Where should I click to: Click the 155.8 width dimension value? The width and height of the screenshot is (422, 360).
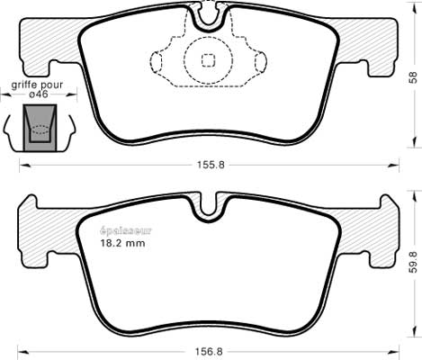pos(211,165)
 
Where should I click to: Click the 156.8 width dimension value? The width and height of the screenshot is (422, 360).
pos(209,352)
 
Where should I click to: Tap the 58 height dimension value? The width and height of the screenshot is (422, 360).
pos(413,77)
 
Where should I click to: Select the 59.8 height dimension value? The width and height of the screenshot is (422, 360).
pos(413,262)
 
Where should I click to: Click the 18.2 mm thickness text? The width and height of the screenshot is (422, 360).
pos(122,243)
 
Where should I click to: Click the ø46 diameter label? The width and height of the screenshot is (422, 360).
pos(39,94)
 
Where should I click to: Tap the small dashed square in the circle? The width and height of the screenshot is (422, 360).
pos(208,60)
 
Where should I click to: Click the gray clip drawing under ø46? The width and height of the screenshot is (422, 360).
pos(40,127)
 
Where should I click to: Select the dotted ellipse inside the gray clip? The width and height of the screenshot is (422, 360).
pos(40,130)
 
